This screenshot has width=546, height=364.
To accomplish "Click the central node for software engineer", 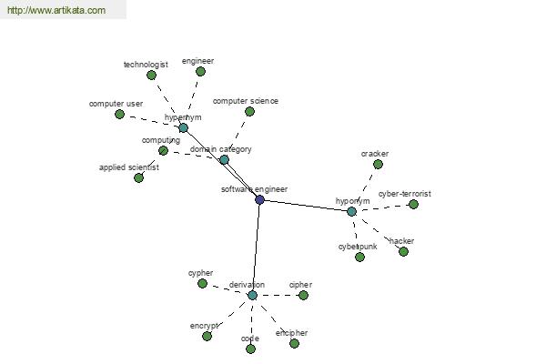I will coord(259,199).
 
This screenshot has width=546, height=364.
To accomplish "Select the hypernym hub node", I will coord(183,128).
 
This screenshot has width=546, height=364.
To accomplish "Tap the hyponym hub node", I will coord(352,211).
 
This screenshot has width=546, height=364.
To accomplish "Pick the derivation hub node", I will coord(252,295).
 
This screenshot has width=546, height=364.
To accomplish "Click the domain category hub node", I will coord(224,159).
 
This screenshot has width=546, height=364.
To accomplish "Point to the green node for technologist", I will coord(152,76).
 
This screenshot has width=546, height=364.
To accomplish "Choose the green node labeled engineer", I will coord(200,71).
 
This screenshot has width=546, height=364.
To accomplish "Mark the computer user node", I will coord(119,114).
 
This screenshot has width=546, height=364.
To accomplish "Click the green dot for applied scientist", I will coord(138,177).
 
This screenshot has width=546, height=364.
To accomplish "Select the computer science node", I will coord(250,111).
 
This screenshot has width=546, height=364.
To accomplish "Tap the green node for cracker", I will coord(378,165).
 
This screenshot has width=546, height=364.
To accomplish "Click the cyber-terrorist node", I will coord(413,204).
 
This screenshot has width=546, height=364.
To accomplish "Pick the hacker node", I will coord(403,251).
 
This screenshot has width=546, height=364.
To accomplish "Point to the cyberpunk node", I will coord(359,257).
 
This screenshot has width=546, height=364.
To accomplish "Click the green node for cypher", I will coord(203,283).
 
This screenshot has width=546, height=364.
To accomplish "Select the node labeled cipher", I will coord(304,295).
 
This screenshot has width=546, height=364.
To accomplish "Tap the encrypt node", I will coord(207,336).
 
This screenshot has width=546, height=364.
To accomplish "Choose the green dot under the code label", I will coord(250,349).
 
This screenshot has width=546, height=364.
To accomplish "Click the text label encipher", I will coord(291,333).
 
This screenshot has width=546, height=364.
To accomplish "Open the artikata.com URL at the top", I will coord(56,11).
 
